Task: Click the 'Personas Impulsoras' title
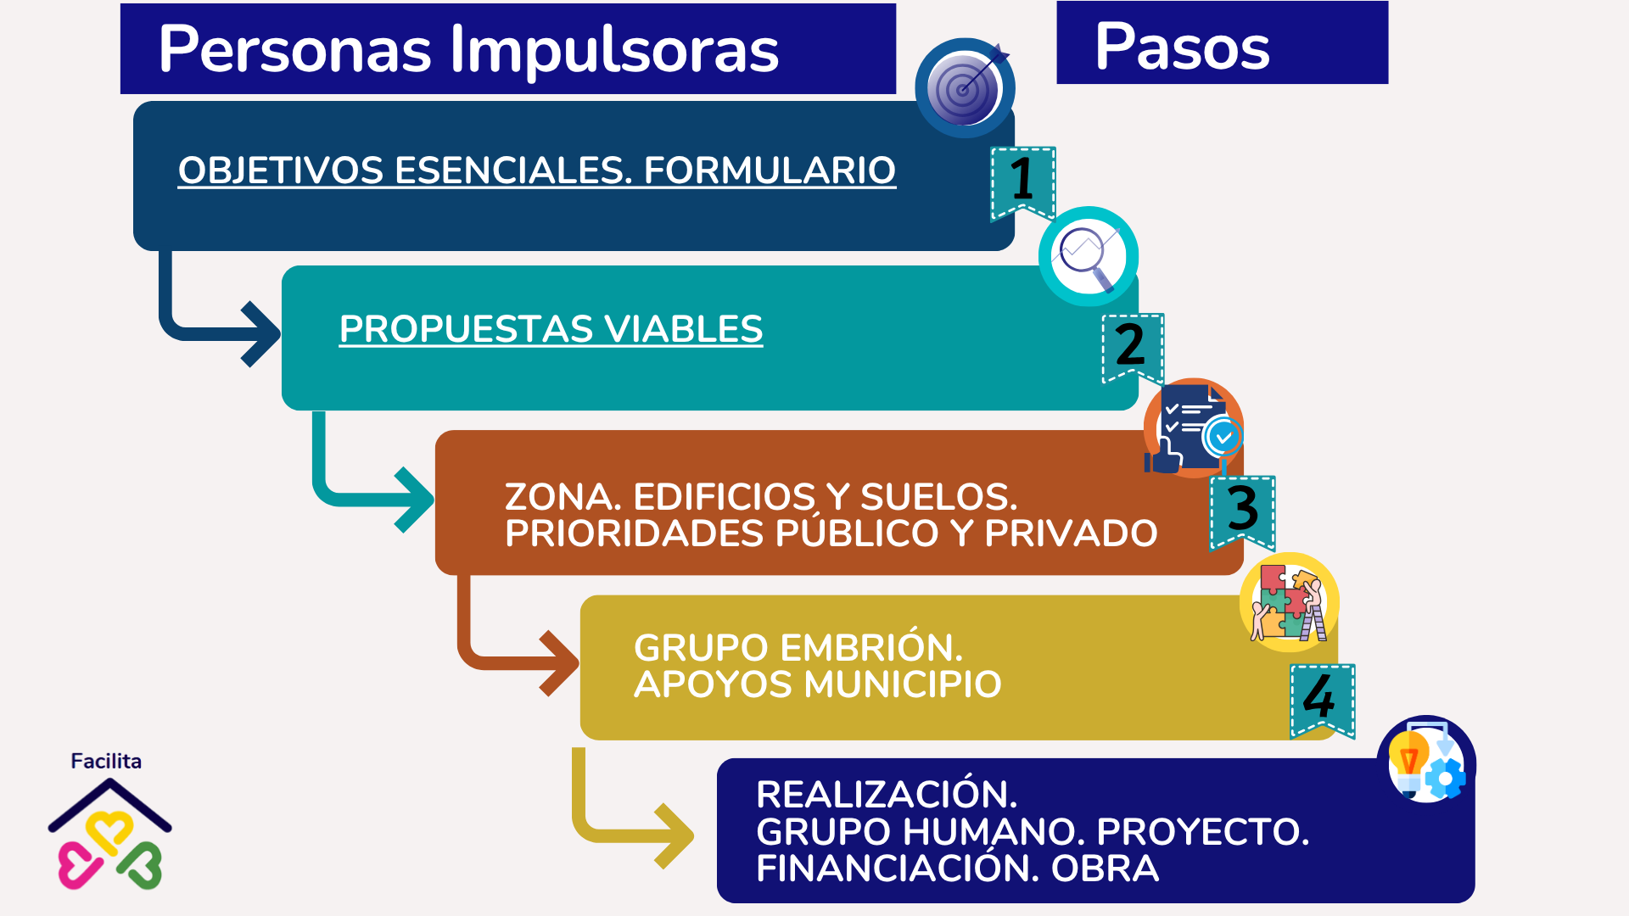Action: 468,49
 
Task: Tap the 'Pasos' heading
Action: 1182,46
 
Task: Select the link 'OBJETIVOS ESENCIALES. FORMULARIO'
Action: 536,170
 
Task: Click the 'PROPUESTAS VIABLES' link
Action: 551,329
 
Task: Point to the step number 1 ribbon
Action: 1023,182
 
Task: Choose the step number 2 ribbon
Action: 1133,347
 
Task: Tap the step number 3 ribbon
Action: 1243,511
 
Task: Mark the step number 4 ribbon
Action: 1322,700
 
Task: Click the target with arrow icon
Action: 966,87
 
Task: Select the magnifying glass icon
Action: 1089,256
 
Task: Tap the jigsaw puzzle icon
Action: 1290,602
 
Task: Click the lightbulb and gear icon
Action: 1426,760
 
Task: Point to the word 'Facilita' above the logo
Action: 106,761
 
